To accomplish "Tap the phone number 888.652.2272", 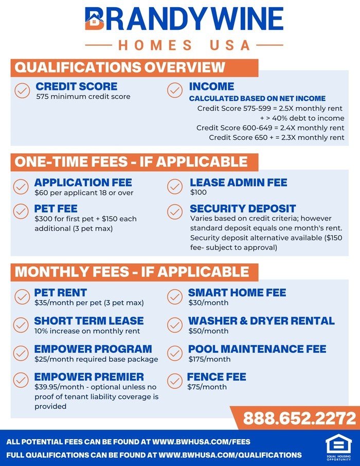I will [x=299, y=418].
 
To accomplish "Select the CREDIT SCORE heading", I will [x=76, y=86].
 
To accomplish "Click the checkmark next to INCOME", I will [x=175, y=91].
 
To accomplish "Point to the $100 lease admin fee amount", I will [x=198, y=192].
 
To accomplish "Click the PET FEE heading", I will [x=56, y=209].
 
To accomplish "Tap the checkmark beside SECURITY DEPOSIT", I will [x=175, y=212].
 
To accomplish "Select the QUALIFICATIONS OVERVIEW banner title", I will [x=120, y=67].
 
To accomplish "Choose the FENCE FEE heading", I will [x=217, y=377].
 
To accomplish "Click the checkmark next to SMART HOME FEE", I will [x=175, y=296].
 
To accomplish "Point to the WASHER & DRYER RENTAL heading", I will [x=261, y=321].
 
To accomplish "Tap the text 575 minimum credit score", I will [x=83, y=96].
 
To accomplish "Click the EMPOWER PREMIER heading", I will [x=89, y=377].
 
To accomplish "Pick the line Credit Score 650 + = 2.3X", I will [x=277, y=137].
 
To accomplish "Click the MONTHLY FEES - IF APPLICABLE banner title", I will [x=132, y=272].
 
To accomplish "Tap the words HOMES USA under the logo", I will [x=184, y=45].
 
